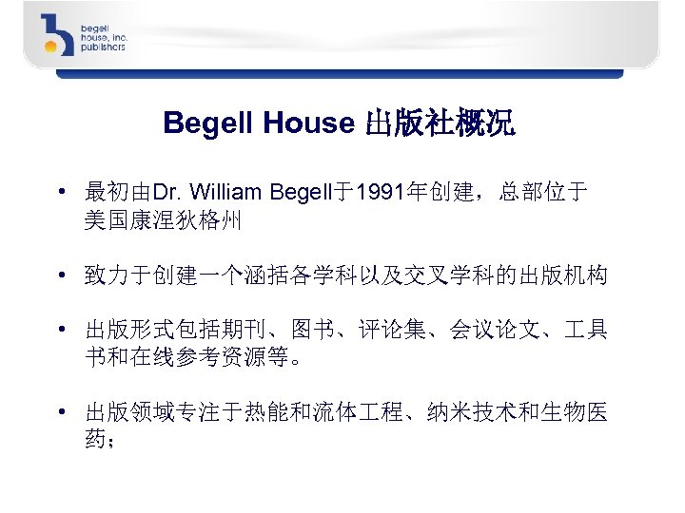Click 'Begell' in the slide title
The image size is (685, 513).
(203, 123)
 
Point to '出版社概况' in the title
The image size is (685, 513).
(440, 123)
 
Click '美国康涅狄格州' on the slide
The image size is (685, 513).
(163, 222)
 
